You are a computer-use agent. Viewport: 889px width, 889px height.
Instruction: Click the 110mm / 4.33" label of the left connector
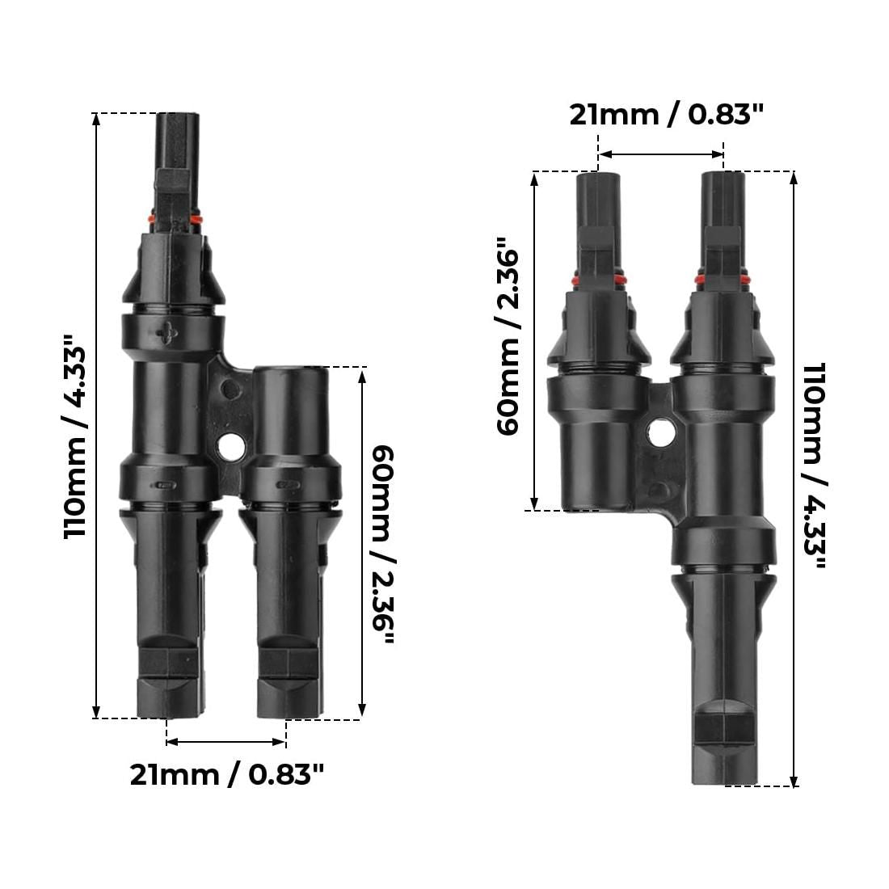75,436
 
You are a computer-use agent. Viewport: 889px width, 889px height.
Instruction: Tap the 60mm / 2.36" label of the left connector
384,545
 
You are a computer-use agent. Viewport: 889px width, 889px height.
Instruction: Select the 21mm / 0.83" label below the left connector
227,774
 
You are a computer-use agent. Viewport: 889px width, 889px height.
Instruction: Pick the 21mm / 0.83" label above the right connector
667,115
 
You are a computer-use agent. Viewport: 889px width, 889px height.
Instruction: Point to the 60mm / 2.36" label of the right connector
508,336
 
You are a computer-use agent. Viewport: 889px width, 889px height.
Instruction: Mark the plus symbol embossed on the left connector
168,333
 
